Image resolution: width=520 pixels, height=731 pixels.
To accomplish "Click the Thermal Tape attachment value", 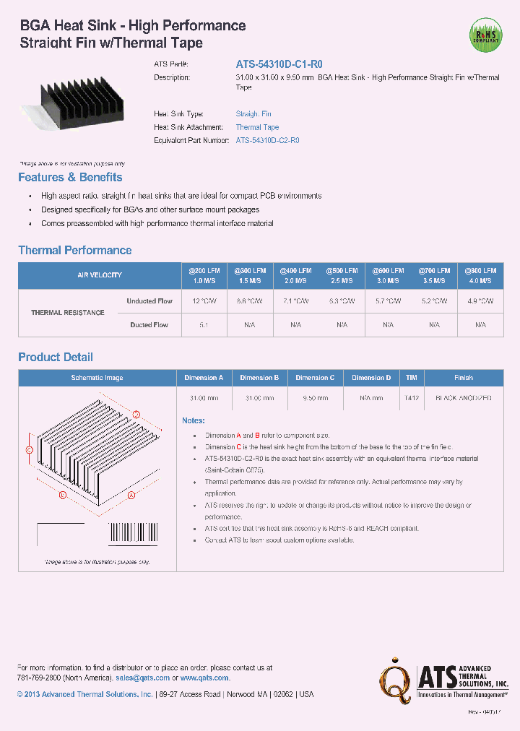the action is click(257, 127).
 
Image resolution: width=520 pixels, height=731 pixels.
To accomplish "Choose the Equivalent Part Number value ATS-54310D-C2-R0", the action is click(267, 140).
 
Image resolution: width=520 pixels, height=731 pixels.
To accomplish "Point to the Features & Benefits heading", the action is click(70, 178).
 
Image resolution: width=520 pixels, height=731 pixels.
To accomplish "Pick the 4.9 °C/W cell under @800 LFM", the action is click(480, 301).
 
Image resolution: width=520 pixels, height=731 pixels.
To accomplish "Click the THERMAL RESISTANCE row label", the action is click(67, 313).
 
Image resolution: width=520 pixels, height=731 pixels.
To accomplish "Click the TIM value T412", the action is click(411, 398).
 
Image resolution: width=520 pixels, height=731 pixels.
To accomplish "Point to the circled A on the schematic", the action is click(131, 496).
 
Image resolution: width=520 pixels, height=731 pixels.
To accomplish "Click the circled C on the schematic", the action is click(30, 450).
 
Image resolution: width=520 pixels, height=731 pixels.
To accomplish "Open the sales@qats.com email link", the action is click(142, 678).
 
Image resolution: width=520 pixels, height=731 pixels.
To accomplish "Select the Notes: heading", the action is click(194, 420).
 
